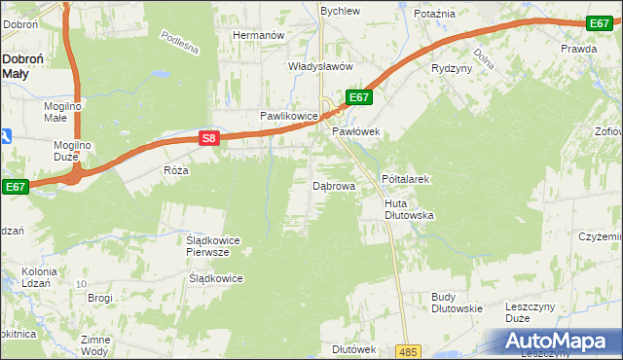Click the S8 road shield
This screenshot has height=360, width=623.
tap(209, 139)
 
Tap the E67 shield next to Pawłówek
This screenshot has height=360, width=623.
tap(358, 97)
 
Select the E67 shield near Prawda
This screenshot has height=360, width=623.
tap(600, 23)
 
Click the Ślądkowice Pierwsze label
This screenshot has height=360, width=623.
tap(206, 245)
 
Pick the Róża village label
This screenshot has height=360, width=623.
tap(176, 169)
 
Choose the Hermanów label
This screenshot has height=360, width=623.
tap(257, 35)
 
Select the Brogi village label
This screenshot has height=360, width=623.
tap(100, 298)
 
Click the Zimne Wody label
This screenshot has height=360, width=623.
tap(95, 345)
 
